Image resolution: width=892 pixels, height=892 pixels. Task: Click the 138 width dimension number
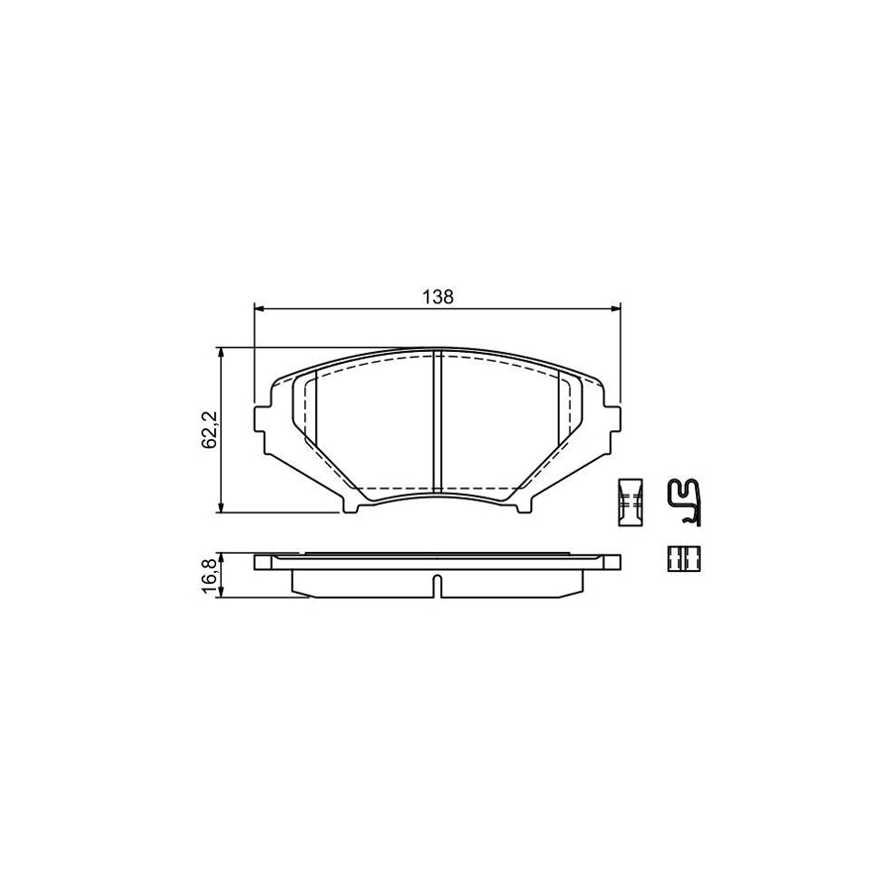coord(438,296)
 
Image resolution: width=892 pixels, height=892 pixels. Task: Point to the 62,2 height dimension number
coord(210,429)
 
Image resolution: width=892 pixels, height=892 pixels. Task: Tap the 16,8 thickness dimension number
coord(210,576)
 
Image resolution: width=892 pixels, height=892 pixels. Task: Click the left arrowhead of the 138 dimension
coord(260,309)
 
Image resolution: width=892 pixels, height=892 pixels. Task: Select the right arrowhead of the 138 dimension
coord(616,309)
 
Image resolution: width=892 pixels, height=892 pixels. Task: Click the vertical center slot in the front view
coord(437,423)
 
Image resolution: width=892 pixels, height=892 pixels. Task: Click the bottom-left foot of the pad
coord(352,506)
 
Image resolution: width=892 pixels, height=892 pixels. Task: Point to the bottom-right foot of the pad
coord(524,506)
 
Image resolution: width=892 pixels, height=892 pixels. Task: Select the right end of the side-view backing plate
coord(614,562)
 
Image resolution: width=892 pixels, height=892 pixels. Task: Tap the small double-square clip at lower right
coord(683,559)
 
